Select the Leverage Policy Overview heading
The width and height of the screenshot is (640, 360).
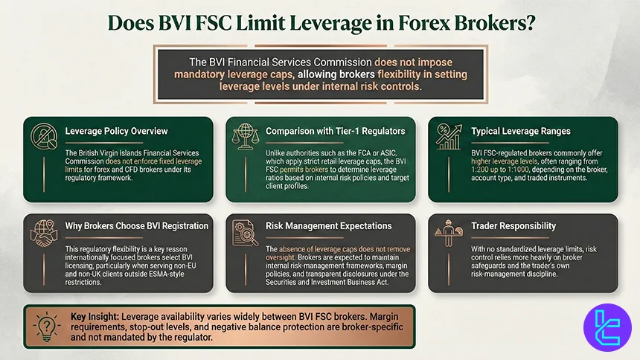click(115, 131)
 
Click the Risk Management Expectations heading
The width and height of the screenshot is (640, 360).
click(328, 225)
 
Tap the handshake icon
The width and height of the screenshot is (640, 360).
click(44, 232)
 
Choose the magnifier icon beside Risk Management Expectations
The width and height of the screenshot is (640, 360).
click(246, 233)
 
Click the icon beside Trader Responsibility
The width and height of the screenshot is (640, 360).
click(448, 233)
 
